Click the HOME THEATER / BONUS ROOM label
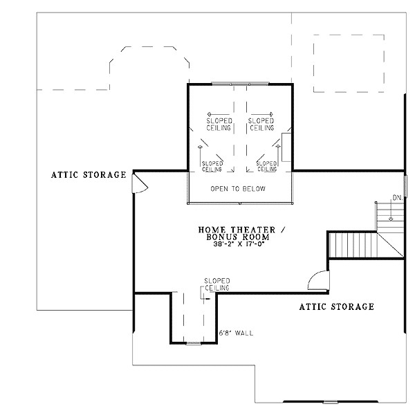241,233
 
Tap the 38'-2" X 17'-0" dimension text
239,244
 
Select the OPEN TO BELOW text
238,189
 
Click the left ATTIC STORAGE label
89,175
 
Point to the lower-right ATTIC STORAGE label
337,306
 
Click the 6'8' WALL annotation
236,333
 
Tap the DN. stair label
398,198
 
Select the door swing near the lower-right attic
318,280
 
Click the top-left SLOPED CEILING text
219,125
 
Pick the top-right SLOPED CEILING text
261,125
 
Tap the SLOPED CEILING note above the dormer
217,284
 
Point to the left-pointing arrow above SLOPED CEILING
218,114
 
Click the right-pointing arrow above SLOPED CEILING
261,114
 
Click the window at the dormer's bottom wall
194,344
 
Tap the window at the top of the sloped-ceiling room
240,84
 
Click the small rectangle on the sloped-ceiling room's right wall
286,147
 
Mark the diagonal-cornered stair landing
390,245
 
